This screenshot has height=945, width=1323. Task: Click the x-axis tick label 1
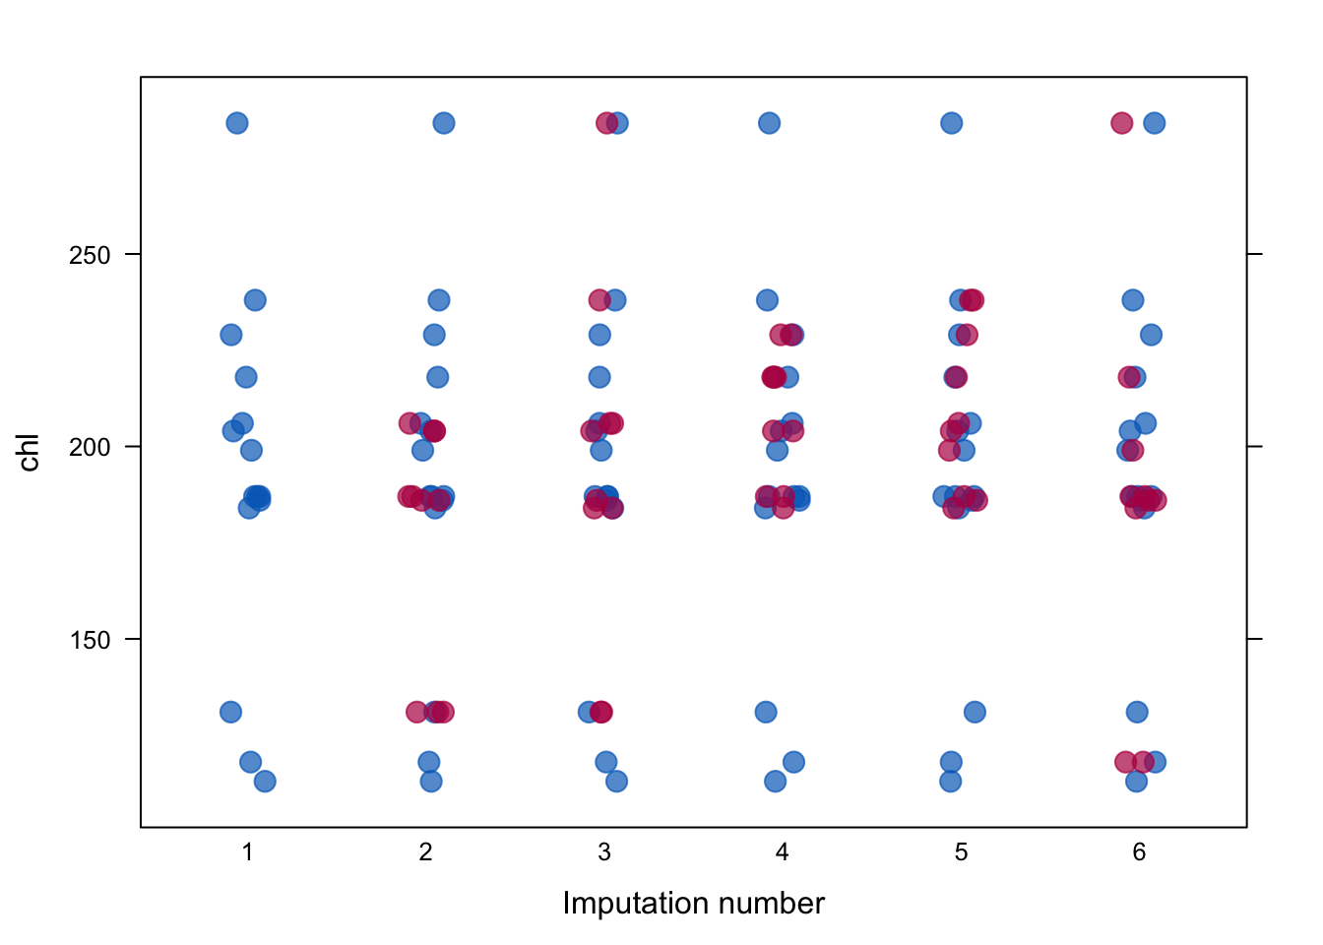pyautogui.click(x=247, y=852)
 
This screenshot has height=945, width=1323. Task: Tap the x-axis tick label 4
pyautogui.click(x=782, y=852)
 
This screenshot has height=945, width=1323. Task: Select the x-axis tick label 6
pyautogui.click(x=1139, y=852)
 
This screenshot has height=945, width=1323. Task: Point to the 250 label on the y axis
pyautogui.click(x=90, y=255)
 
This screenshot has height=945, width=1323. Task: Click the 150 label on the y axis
pyautogui.click(x=90, y=640)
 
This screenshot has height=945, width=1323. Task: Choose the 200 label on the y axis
pyautogui.click(x=90, y=448)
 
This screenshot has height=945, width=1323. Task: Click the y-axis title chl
pyautogui.click(x=29, y=453)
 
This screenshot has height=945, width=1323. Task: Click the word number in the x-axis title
pyautogui.click(x=772, y=903)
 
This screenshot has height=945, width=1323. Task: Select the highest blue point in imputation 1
pyautogui.click(x=237, y=123)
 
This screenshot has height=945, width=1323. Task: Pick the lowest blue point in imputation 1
pyautogui.click(x=265, y=782)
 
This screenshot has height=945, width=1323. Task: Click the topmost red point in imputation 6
pyautogui.click(x=1121, y=123)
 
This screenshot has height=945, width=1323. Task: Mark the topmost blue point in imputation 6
pyautogui.click(x=1155, y=123)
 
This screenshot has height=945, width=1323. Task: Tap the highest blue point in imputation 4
pyautogui.click(x=769, y=123)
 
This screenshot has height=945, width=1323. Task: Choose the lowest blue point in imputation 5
pyautogui.click(x=950, y=782)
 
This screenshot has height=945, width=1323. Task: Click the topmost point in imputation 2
pyautogui.click(x=444, y=123)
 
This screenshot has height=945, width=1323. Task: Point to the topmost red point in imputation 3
pyautogui.click(x=606, y=123)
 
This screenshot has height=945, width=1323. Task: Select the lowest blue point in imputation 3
pyautogui.click(x=616, y=782)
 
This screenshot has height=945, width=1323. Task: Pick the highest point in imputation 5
pyautogui.click(x=952, y=123)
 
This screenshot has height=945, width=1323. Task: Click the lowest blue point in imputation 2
pyautogui.click(x=431, y=782)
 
